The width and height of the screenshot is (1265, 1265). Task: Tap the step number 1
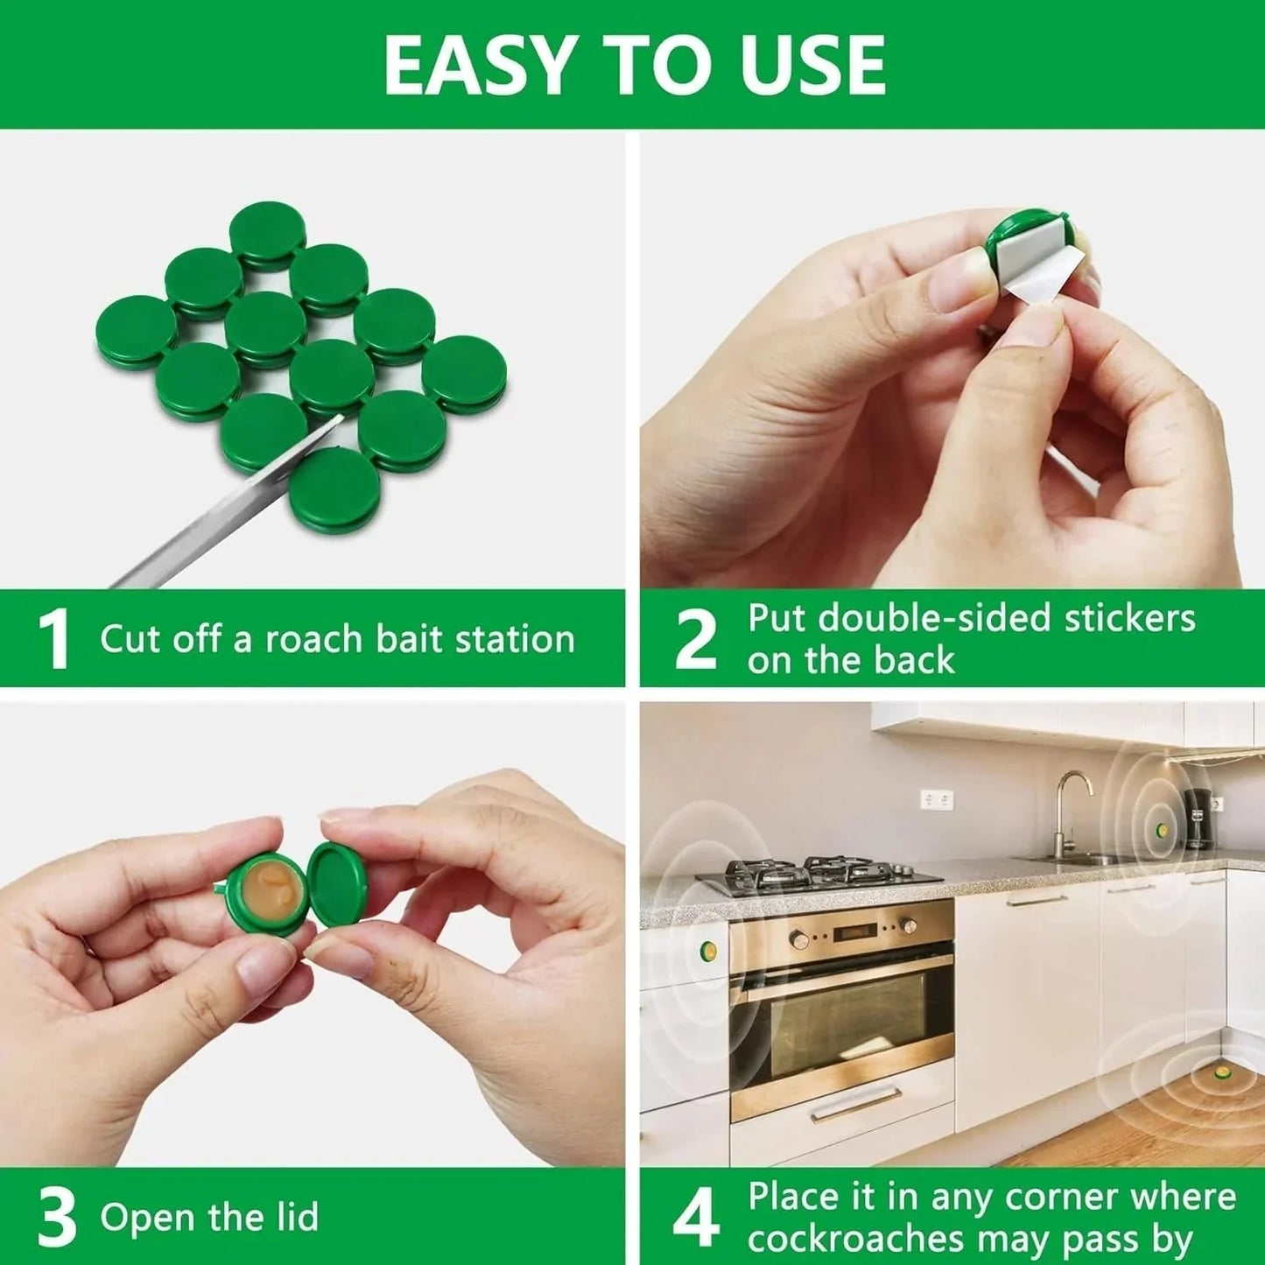pyautogui.click(x=54, y=640)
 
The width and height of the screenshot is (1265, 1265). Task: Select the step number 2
pyautogui.click(x=695, y=640)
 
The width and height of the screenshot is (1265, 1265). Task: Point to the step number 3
pyautogui.click(x=58, y=1218)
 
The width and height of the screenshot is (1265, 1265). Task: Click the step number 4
pyautogui.click(x=697, y=1218)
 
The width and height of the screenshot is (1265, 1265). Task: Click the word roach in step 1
pyautogui.click(x=314, y=639)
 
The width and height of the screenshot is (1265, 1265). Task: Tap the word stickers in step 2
pyautogui.click(x=1129, y=618)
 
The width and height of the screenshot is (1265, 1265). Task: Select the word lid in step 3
pyautogui.click(x=293, y=1218)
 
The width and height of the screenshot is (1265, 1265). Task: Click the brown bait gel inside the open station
pyautogui.click(x=272, y=893)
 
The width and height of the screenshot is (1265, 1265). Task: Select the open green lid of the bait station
pyautogui.click(x=341, y=884)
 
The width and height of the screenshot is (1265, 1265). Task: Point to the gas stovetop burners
pyautogui.click(x=819, y=871)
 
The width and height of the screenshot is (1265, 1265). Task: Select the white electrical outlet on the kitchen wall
pyautogui.click(x=937, y=799)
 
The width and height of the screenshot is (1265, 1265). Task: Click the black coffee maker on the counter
pyautogui.click(x=1198, y=819)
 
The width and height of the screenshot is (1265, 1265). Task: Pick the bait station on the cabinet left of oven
pyautogui.click(x=707, y=951)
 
